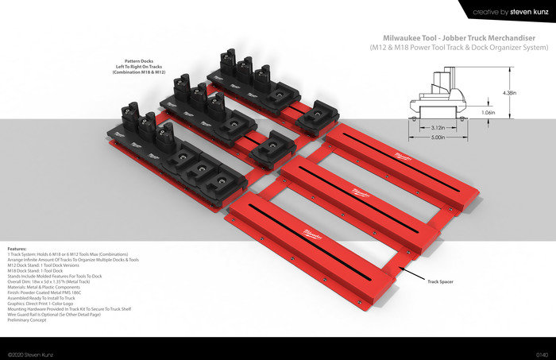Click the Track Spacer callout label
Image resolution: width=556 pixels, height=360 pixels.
click(441, 281)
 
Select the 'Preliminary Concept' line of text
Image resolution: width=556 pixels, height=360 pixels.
click(33, 319)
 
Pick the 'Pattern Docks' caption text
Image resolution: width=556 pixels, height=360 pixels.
click(138, 61)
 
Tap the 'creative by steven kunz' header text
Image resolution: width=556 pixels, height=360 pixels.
click(509, 11)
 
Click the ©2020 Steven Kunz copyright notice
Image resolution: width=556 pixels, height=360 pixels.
click(30, 353)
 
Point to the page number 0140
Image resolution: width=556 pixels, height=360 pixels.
click(542, 353)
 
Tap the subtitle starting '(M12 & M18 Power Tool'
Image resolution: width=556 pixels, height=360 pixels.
click(459, 48)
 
